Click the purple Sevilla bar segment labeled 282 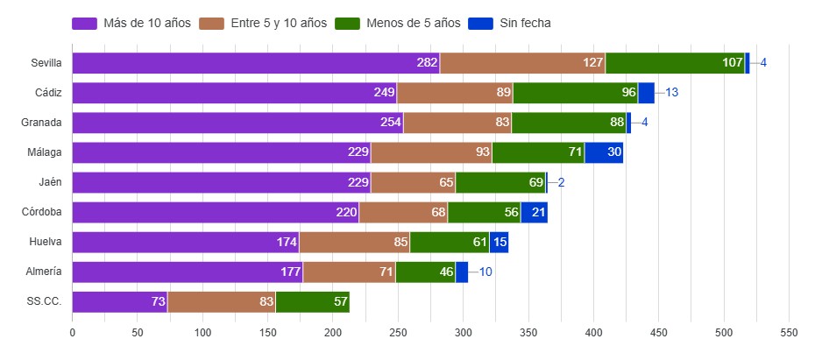tap(256, 63)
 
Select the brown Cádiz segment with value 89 tap(455, 93)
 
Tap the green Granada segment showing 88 tap(569, 123)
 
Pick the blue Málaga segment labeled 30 tap(604, 152)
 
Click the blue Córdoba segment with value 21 tap(534, 212)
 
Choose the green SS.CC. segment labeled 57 tap(313, 302)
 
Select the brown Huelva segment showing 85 tap(354, 243)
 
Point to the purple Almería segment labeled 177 tap(187, 272)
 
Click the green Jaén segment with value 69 tap(500, 182)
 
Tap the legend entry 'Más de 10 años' tap(132, 23)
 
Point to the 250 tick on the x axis tap(398, 333)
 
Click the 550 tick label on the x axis tap(790, 333)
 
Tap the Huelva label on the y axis tap(46, 243)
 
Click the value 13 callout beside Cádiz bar tap(672, 93)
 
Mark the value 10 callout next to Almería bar tap(485, 272)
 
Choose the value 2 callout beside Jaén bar tap(562, 182)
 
